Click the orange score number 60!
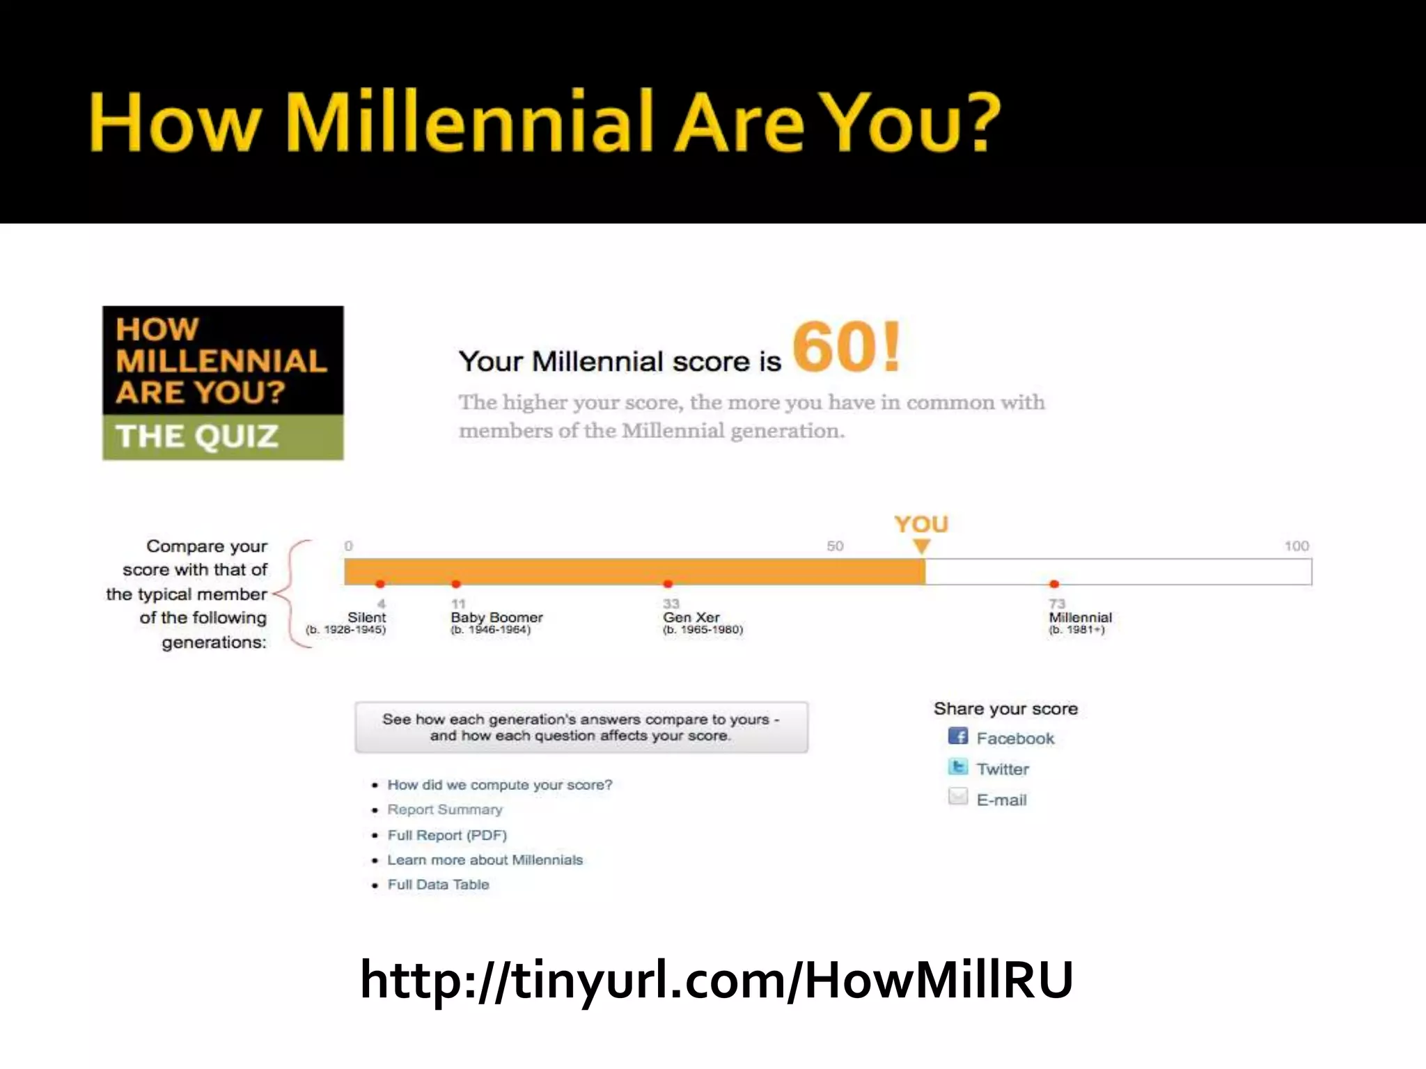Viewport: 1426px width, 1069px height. tap(846, 347)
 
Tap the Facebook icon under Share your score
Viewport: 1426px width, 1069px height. tap(958, 736)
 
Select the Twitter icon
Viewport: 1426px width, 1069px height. tap(958, 767)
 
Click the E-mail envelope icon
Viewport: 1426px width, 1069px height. tap(958, 797)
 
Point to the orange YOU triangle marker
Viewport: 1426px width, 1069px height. tap(921, 546)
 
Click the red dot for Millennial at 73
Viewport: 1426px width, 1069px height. tap(1054, 584)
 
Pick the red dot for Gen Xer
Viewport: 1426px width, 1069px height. tap(668, 584)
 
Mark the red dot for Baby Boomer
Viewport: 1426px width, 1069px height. tap(456, 584)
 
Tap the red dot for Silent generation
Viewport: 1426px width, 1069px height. tap(380, 584)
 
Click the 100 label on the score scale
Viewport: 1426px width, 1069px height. tap(1296, 546)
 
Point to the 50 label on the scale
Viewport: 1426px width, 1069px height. tap(835, 546)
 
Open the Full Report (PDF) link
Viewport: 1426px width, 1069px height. tap(447, 835)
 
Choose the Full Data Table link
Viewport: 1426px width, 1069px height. tap(438, 885)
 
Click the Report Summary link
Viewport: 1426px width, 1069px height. tap(445, 810)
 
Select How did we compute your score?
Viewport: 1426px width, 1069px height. tap(500, 785)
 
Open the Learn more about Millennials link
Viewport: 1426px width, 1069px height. tap(485, 860)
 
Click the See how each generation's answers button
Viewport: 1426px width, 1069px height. tap(581, 727)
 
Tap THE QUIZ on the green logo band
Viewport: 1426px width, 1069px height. tap(197, 437)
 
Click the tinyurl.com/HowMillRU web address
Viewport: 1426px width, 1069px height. tap(716, 980)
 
